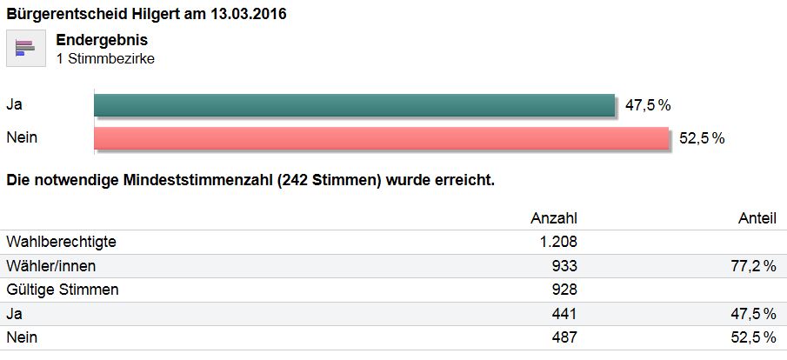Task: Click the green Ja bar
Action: [354, 105]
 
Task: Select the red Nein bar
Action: [381, 138]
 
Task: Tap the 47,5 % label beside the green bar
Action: [648, 105]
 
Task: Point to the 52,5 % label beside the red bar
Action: [702, 138]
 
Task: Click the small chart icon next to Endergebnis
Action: [25, 48]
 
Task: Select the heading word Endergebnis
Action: [102, 40]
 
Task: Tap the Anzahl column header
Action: [554, 218]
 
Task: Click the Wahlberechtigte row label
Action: [60, 241]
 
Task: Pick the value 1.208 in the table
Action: [558, 241]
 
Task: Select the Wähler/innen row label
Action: [50, 265]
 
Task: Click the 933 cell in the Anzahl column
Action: [564, 265]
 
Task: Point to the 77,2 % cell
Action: [752, 265]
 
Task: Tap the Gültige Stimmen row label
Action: [62, 289]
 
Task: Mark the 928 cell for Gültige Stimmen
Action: [564, 289]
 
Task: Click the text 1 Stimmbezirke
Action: [105, 58]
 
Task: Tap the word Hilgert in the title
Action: [144, 14]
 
